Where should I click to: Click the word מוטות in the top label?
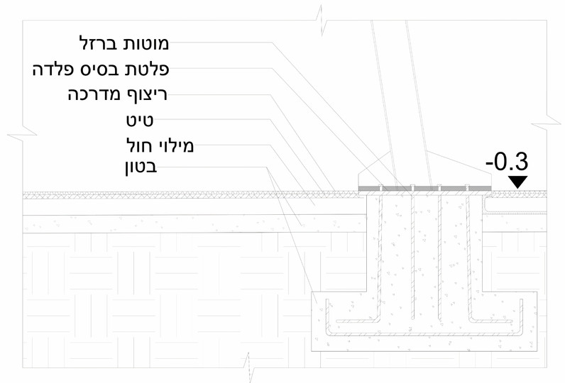[x=147, y=43]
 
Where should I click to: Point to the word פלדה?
[x=51, y=70]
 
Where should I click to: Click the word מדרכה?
[x=91, y=95]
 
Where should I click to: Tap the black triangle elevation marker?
[x=519, y=182]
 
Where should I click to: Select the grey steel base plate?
[x=424, y=188]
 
